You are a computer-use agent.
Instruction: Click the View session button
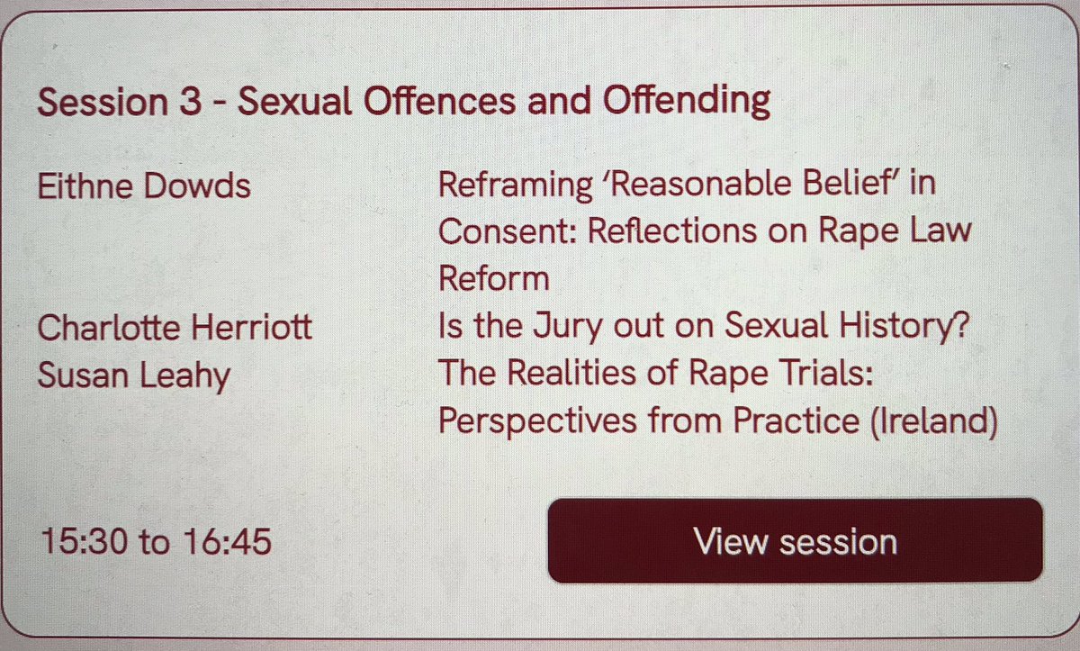[x=795, y=541]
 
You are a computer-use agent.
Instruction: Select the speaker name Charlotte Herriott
[x=175, y=327]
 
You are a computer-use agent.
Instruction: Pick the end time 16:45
[x=227, y=543]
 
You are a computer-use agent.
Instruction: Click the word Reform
[x=493, y=278]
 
